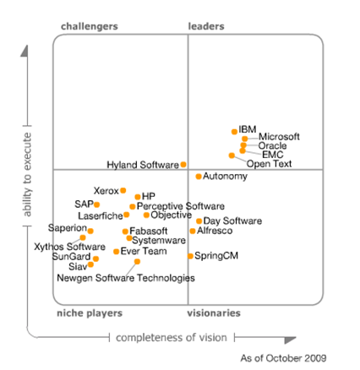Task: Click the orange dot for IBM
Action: pos(235,132)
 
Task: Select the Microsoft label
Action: pos(279,137)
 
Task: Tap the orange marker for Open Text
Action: pos(232,155)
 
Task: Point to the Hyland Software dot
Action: pos(183,165)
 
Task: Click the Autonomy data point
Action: pos(199,177)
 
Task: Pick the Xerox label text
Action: pos(106,192)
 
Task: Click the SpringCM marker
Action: pos(191,255)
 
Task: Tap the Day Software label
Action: pos(232,221)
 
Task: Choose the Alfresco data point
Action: pos(193,231)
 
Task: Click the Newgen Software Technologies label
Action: pos(125,277)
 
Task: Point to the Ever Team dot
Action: pos(117,252)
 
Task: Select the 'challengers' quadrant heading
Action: pos(90,27)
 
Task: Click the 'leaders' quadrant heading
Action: pos(206,27)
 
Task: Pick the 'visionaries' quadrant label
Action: pos(214,313)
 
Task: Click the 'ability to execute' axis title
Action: pos(26,173)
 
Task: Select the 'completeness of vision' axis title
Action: pos(172,338)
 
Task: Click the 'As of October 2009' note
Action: pos(283,358)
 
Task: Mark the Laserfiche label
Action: pos(100,216)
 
